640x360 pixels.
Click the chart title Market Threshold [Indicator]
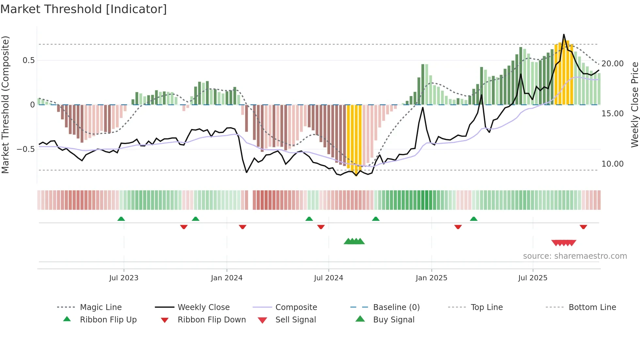click(x=84, y=9)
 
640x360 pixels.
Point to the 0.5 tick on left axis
click(x=28, y=60)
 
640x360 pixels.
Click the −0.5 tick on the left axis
click(x=26, y=149)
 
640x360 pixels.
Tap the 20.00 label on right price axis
click(x=612, y=64)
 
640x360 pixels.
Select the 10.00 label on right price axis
click(x=612, y=164)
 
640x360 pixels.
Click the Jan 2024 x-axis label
click(x=227, y=278)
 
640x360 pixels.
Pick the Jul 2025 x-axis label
click(x=533, y=278)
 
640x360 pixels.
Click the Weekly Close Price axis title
click(x=634, y=105)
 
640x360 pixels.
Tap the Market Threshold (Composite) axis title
click(x=5, y=105)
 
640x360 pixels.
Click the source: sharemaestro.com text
click(x=575, y=256)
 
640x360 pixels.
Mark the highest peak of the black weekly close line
click(x=564, y=34)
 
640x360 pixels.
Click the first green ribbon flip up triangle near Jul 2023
click(x=121, y=219)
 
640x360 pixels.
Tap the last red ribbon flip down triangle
click(x=583, y=227)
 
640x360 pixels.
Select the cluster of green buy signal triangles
click(x=354, y=241)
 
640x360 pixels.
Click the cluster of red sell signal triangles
click(x=564, y=243)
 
